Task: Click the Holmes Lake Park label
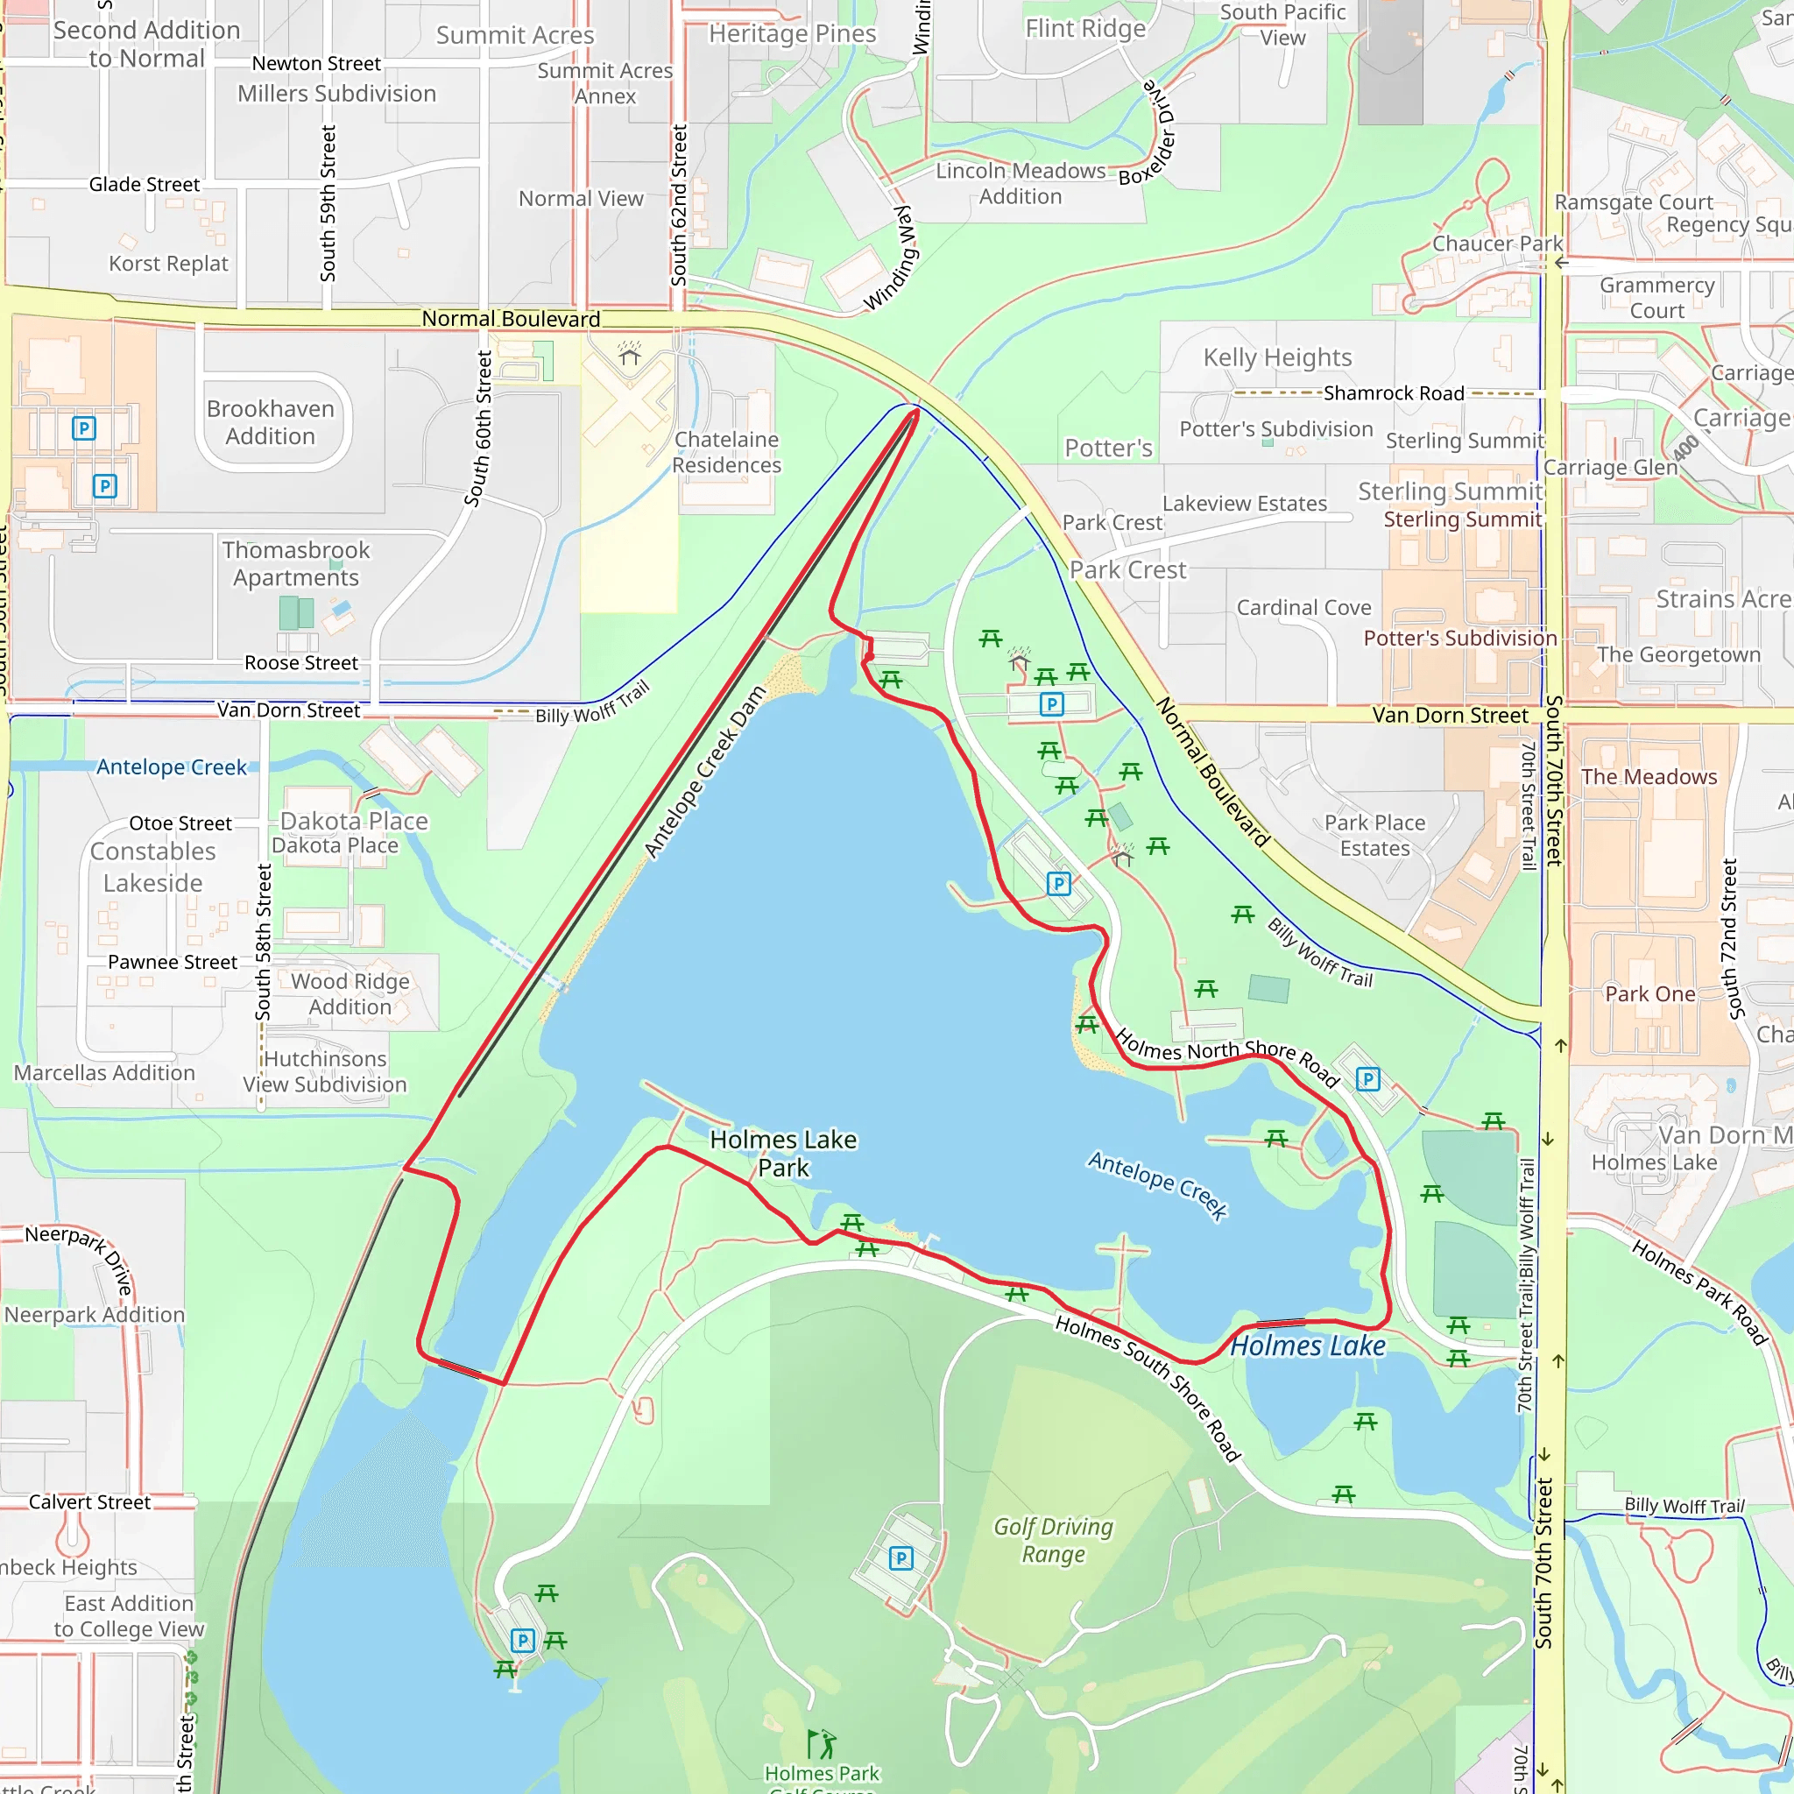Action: (x=783, y=1154)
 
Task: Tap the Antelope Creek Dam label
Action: (x=705, y=773)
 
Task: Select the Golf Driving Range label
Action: (x=1053, y=1540)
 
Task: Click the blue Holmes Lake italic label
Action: (x=1308, y=1345)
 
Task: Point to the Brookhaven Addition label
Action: (x=270, y=422)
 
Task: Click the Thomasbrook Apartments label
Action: (x=295, y=563)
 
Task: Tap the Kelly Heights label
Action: (x=1277, y=357)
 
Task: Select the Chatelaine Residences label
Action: (x=727, y=452)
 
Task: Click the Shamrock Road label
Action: (x=1393, y=392)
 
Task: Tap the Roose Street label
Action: (x=300, y=663)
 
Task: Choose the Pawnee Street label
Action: (x=173, y=962)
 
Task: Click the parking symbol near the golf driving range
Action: (x=901, y=1558)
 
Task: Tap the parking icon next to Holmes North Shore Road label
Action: (x=1367, y=1079)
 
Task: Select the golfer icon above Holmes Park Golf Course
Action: (x=821, y=1744)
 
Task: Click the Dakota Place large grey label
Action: (x=354, y=821)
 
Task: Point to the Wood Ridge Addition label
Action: (x=350, y=993)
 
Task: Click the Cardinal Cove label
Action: (x=1303, y=607)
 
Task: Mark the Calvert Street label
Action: (x=89, y=1502)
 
